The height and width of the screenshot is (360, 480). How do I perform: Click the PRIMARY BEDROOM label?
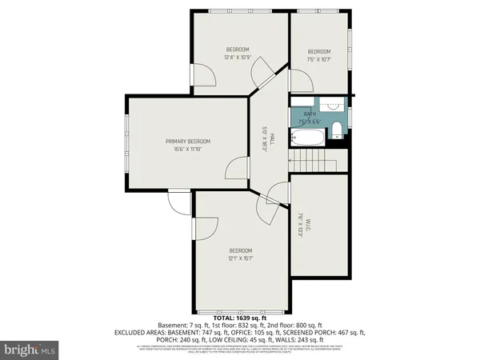tap(187, 142)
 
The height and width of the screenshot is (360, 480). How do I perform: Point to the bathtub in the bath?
tap(308, 138)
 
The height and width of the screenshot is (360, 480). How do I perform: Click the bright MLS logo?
tap(30, 350)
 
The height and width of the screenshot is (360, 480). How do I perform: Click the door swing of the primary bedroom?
tap(236, 168)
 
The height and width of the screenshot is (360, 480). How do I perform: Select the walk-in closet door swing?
tap(278, 194)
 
